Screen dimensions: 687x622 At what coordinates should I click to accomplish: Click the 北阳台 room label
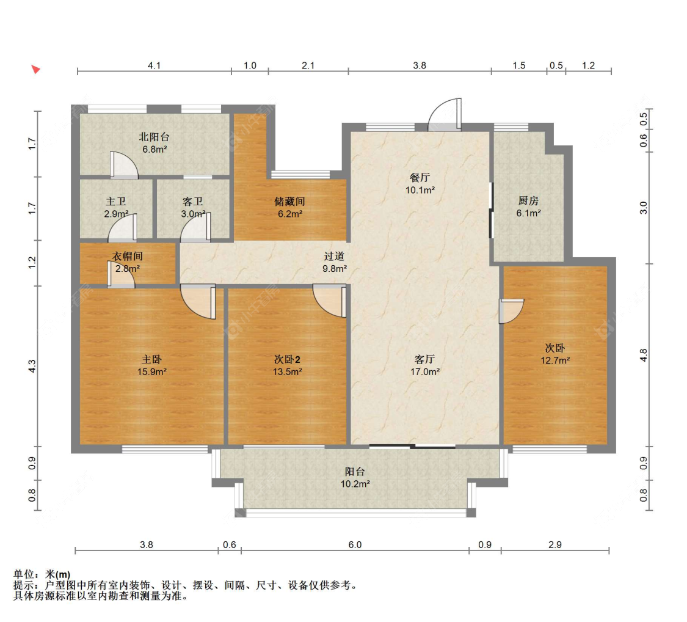(154, 137)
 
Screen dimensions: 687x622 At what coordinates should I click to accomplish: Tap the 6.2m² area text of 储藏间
(290, 214)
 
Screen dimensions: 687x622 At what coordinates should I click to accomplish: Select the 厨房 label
(528, 201)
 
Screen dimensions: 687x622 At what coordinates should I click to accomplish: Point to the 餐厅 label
(420, 178)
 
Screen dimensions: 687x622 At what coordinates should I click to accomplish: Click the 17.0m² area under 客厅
(424, 371)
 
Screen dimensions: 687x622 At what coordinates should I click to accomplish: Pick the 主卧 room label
(151, 359)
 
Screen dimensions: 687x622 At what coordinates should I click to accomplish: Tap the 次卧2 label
(287, 359)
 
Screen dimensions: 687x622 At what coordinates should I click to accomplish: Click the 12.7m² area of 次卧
(555, 360)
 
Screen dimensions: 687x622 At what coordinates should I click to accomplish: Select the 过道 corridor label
(334, 256)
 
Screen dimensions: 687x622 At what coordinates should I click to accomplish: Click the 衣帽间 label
(128, 256)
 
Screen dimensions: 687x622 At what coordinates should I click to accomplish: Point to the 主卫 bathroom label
(115, 201)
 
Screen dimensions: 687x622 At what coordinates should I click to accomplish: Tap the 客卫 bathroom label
(193, 201)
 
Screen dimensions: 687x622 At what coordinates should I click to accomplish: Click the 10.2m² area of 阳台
(355, 484)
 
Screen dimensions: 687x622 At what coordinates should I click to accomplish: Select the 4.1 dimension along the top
(154, 65)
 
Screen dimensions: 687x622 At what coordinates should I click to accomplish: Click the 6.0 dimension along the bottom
(355, 544)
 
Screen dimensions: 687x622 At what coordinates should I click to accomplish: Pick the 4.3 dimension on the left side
(32, 367)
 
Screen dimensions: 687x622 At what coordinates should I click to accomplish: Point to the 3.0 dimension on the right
(643, 208)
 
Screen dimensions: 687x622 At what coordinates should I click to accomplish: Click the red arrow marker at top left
(35, 69)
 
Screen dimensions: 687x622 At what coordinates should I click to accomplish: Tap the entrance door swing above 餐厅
(445, 114)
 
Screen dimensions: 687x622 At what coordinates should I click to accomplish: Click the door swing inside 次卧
(511, 311)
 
